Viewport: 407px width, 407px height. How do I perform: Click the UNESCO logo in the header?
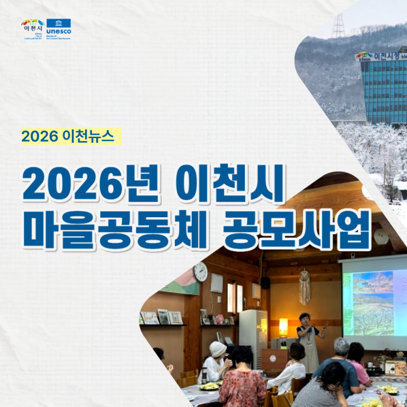(59, 29)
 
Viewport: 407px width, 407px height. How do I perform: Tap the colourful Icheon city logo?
(32, 29)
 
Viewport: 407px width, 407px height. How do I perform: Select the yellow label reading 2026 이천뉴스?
(71, 136)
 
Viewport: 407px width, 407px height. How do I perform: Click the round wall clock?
(200, 271)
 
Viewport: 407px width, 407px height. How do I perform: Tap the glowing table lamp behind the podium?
(283, 327)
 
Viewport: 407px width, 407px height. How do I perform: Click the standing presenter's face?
(305, 319)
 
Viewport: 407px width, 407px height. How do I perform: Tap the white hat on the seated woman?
(218, 349)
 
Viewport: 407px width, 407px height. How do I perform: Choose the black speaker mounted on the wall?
(265, 282)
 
